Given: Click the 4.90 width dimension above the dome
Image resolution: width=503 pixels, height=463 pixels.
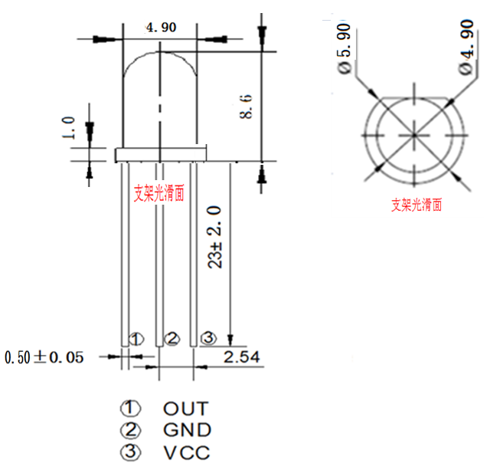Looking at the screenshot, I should point(161,27).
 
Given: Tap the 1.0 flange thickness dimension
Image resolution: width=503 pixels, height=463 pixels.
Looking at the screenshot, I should point(70,128).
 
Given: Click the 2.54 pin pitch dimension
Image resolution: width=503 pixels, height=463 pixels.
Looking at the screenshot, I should point(241,356).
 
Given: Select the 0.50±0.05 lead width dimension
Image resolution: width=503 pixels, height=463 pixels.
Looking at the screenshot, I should point(44,357).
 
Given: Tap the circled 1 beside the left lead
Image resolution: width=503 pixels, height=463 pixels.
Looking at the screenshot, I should point(136,338).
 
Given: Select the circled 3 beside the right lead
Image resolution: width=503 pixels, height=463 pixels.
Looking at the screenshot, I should point(207,338).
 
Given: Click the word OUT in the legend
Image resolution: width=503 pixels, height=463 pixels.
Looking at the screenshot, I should point(185,409).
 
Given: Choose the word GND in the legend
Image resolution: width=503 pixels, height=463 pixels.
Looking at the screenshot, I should point(187,431).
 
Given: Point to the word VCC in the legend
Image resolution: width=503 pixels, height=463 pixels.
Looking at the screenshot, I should point(186,453).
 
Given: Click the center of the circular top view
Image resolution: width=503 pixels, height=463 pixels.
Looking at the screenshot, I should point(413,135).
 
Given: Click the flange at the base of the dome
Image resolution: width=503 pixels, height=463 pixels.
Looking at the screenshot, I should point(161,154).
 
